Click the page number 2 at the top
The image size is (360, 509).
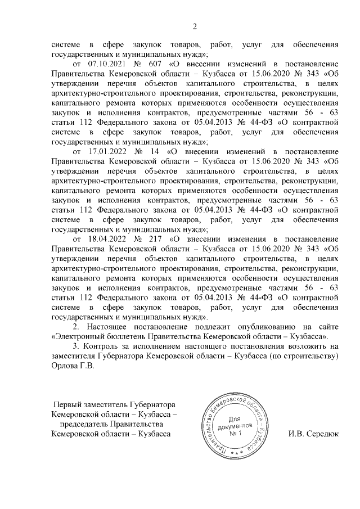coord(195,26)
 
